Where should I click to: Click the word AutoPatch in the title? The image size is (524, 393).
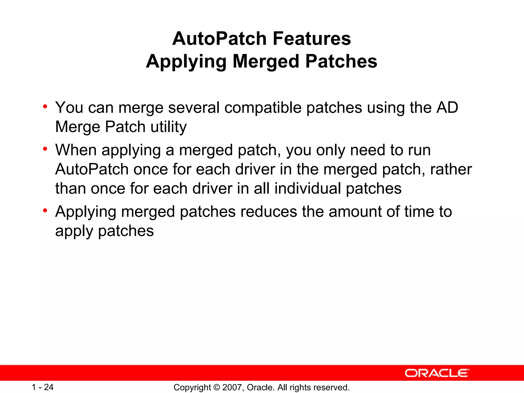click(220, 39)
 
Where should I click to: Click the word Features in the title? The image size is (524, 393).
click(312, 39)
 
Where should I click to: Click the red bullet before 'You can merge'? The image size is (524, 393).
click(45, 106)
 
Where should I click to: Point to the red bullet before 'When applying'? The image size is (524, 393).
click(45, 149)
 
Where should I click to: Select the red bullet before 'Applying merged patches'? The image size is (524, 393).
click(45, 210)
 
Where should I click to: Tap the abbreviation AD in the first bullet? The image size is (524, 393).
click(447, 107)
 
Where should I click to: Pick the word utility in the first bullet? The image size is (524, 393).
click(169, 127)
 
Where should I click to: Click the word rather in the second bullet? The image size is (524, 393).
click(451, 169)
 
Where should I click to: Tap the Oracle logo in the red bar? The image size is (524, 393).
click(437, 373)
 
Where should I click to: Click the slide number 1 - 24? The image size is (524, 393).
click(42, 387)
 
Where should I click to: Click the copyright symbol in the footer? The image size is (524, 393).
click(216, 387)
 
